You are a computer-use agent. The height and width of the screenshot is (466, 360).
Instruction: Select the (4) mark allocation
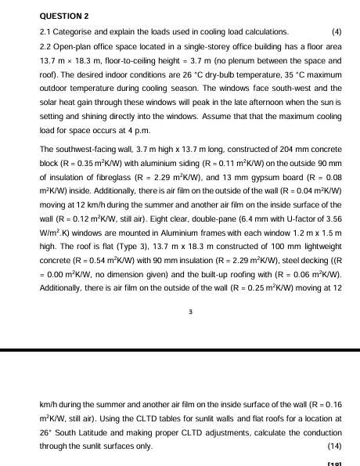[x=337, y=32]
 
